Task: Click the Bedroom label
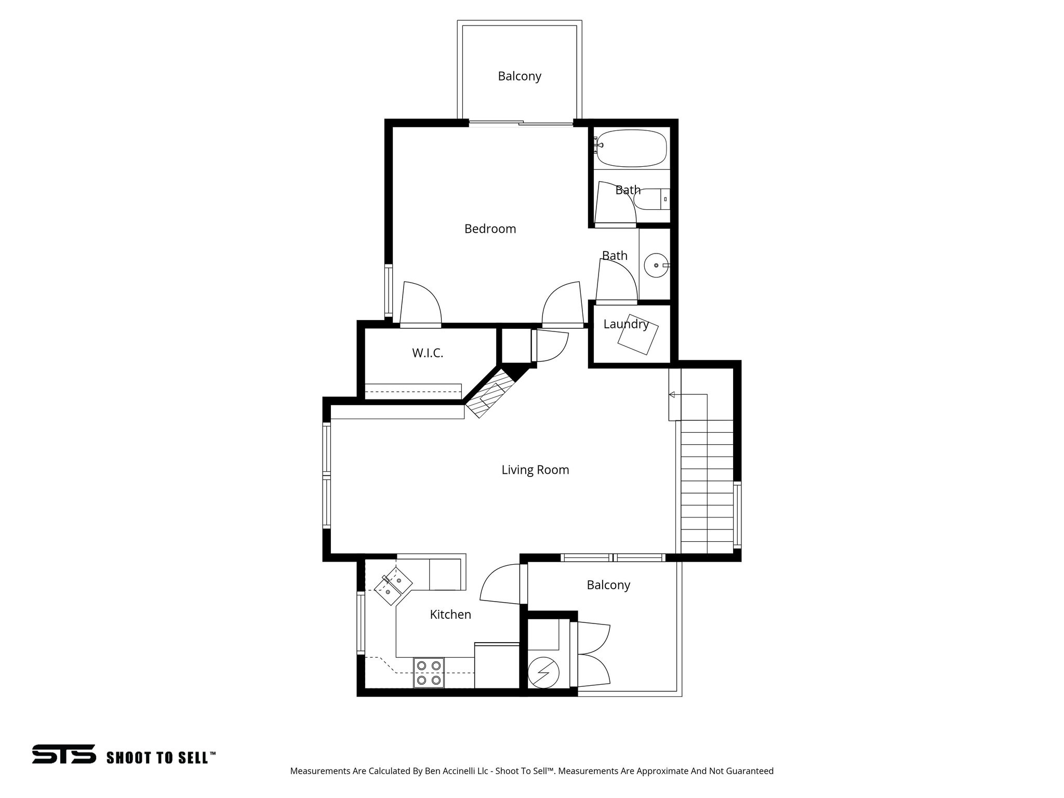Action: (490, 229)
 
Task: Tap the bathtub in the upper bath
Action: (632, 148)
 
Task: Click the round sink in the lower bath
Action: (656, 265)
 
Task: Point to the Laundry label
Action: (626, 324)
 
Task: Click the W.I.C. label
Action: (428, 353)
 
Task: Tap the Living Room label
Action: (535, 470)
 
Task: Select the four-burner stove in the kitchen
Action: (429, 673)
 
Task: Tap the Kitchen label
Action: (450, 615)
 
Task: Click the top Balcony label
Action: (520, 76)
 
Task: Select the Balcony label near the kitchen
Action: (608, 585)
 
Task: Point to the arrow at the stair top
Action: (672, 395)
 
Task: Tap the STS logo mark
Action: (64, 754)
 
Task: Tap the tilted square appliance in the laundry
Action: (638, 335)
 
